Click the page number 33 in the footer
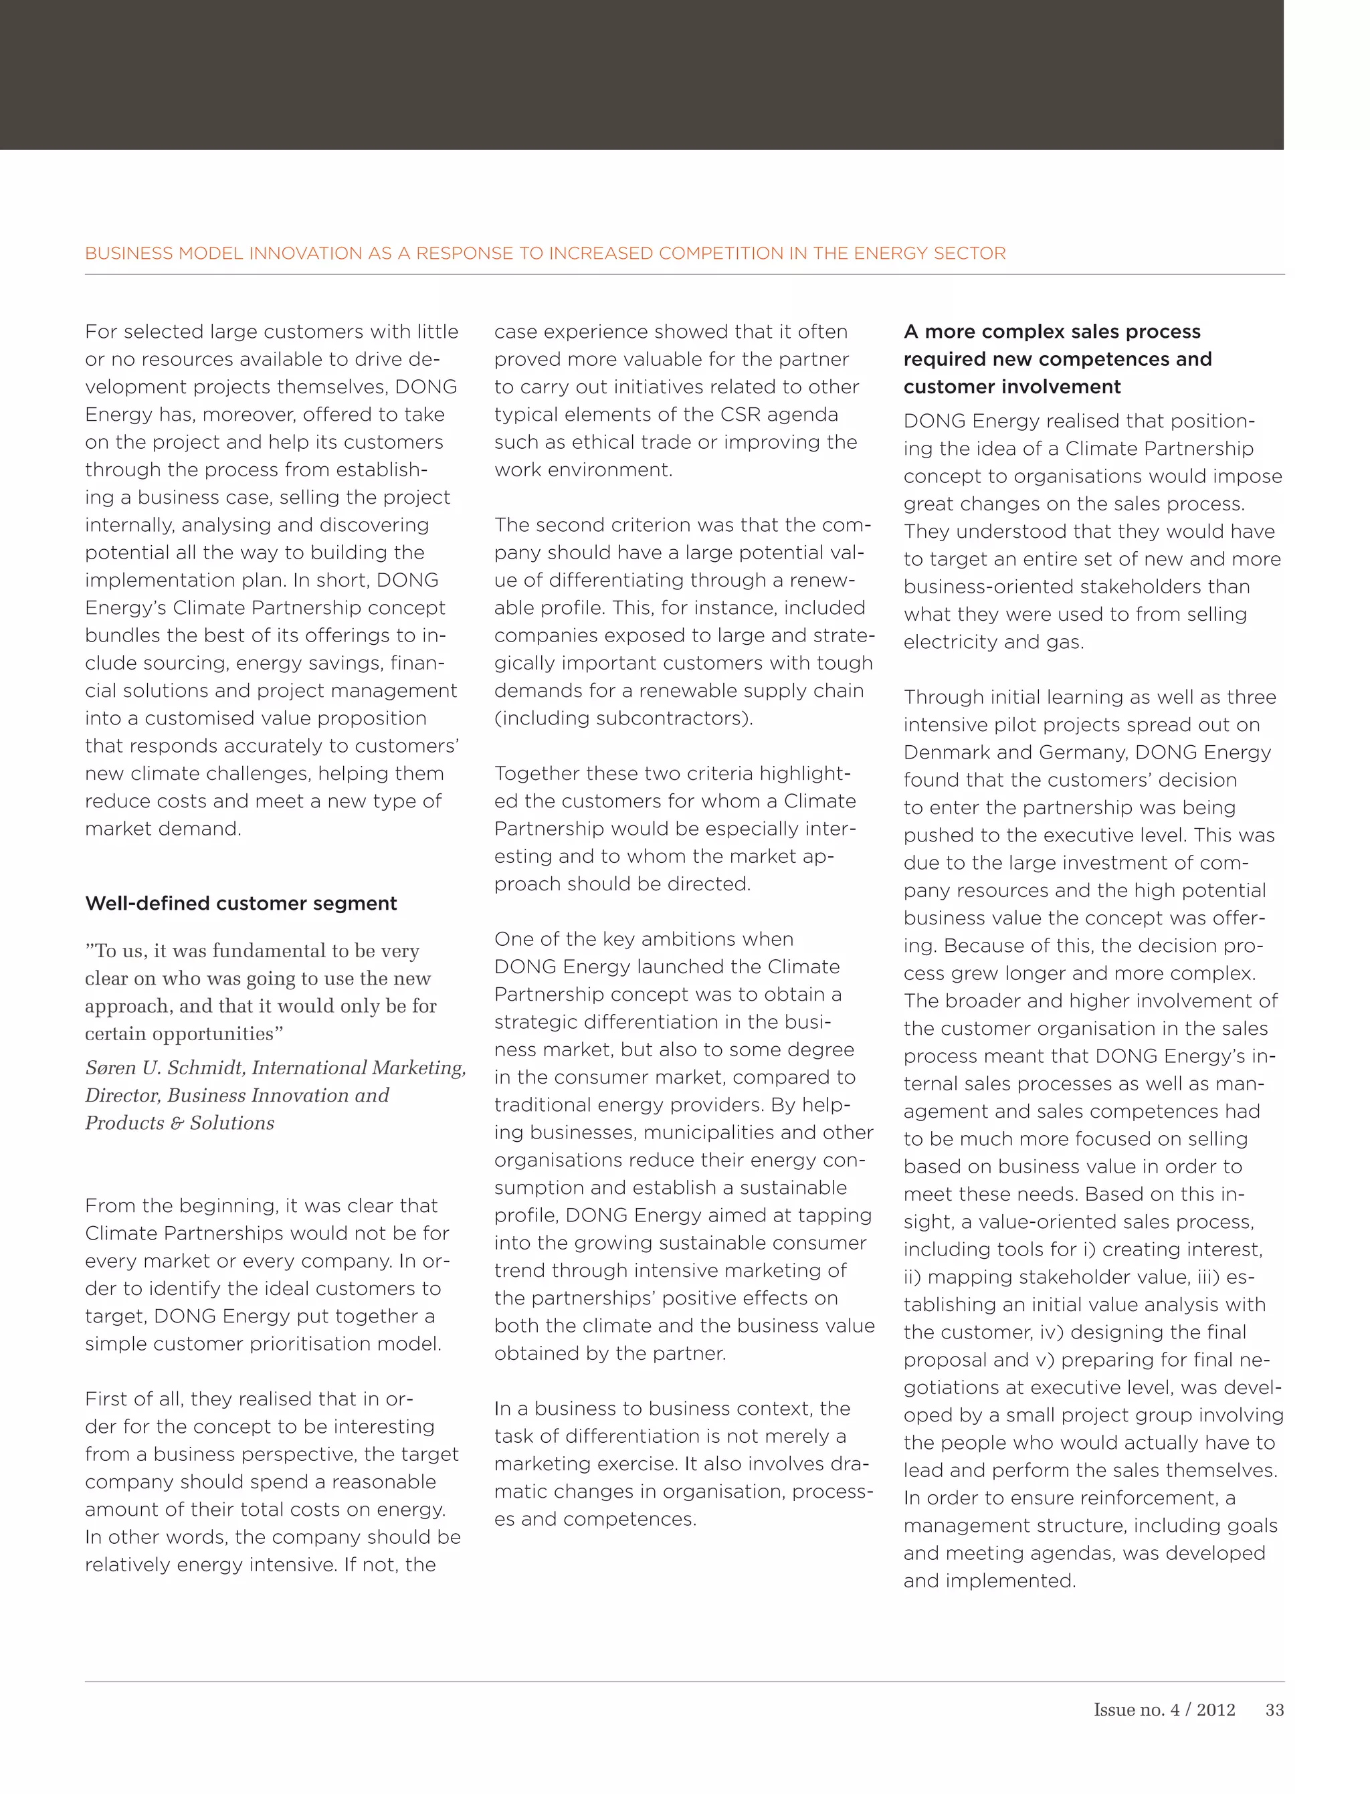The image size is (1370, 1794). [x=1274, y=1710]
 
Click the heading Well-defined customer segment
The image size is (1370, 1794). [x=241, y=904]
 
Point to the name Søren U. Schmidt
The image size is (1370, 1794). [x=163, y=1068]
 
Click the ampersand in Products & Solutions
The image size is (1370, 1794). [x=176, y=1124]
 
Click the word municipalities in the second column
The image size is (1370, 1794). [x=722, y=1132]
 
